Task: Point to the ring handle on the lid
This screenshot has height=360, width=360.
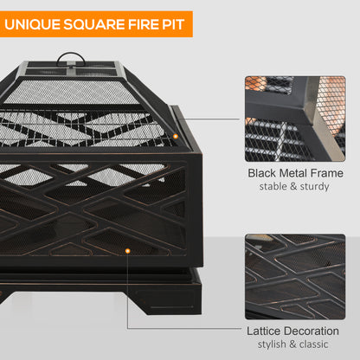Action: (65, 60)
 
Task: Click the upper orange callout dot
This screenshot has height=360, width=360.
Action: (175, 137)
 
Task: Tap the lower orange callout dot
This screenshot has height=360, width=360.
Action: (127, 250)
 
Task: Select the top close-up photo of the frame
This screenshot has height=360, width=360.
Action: (295, 119)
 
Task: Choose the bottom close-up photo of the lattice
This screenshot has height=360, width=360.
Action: (295, 277)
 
